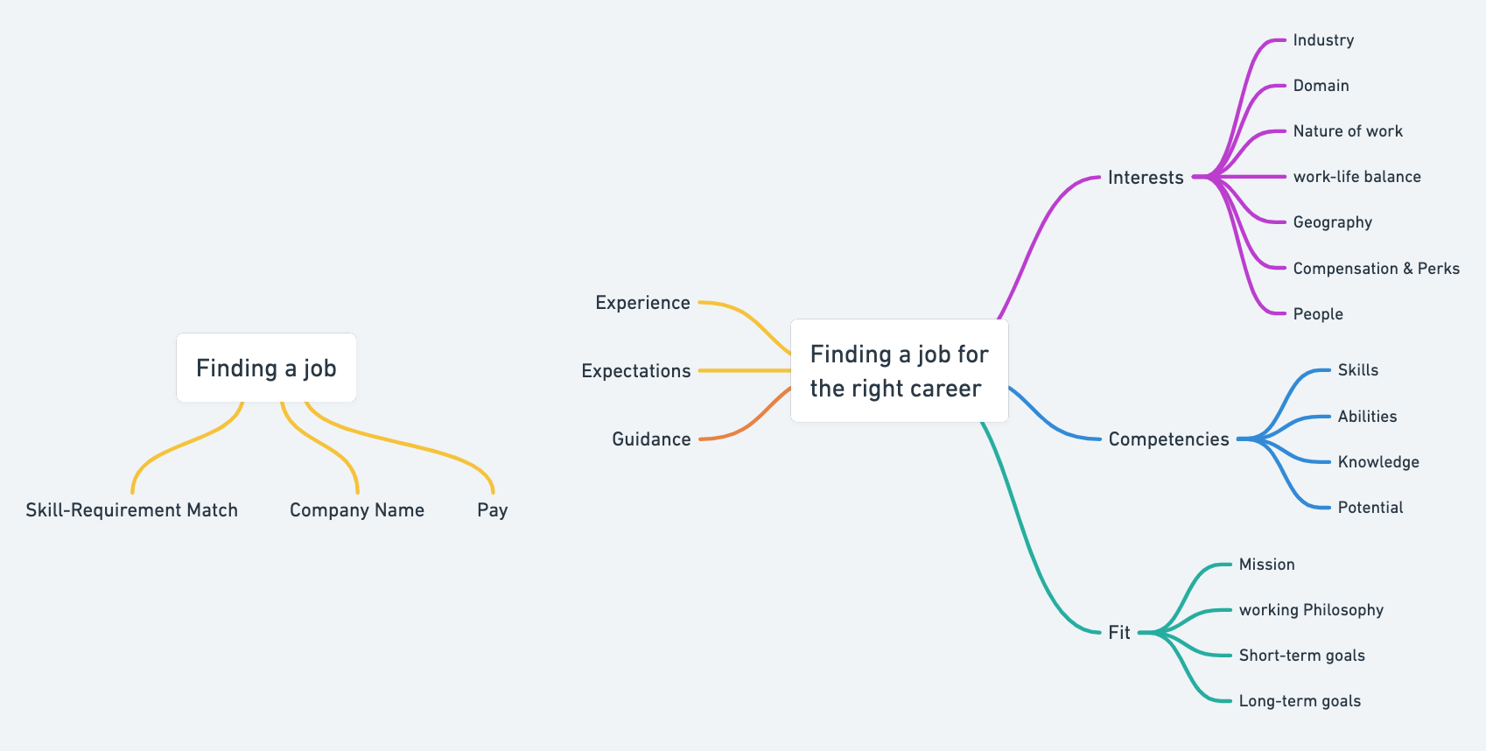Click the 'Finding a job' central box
pyautogui.click(x=266, y=368)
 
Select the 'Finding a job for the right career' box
pyautogui.click(x=900, y=371)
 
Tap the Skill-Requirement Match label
pyautogui.click(x=131, y=510)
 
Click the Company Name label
pyautogui.click(x=357, y=510)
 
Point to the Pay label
pyautogui.click(x=492, y=510)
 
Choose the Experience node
pyautogui.click(x=642, y=303)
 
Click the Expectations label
pyautogui.click(x=635, y=371)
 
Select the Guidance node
pyautogui.click(x=651, y=439)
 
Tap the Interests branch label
pyautogui.click(x=1146, y=178)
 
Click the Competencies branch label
pyautogui.click(x=1168, y=439)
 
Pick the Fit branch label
pyautogui.click(x=1119, y=633)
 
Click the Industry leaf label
pyautogui.click(x=1323, y=40)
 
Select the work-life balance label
pyautogui.click(x=1356, y=177)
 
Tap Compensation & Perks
pyautogui.click(x=1376, y=269)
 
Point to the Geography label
pyautogui.click(x=1332, y=222)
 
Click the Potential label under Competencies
pyautogui.click(x=1370, y=509)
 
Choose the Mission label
pyautogui.click(x=1266, y=565)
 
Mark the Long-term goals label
pyautogui.click(x=1300, y=701)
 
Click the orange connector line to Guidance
pyautogui.click(x=745, y=419)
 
